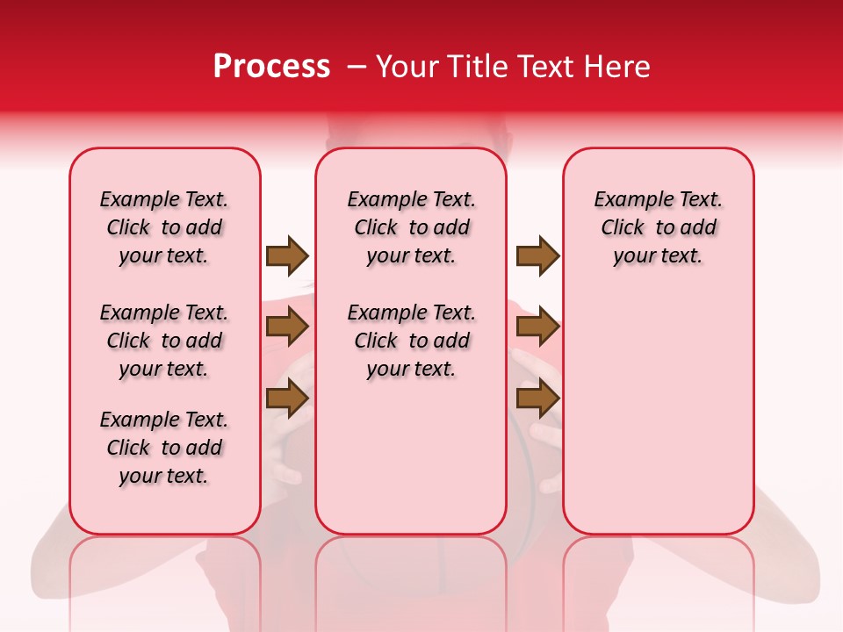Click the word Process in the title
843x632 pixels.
click(271, 67)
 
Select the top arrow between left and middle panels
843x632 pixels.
click(287, 255)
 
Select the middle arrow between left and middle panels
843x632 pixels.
click(287, 327)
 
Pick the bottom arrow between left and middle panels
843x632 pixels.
click(287, 399)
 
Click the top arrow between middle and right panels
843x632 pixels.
click(537, 255)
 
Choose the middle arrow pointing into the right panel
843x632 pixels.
click(537, 327)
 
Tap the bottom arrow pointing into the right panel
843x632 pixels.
click(537, 399)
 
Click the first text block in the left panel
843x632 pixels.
click(164, 227)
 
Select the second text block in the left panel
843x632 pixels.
click(164, 341)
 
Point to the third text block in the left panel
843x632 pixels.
click(164, 448)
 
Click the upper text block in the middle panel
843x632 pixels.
click(411, 227)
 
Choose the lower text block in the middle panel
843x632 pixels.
click(411, 341)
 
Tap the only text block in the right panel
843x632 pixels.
click(658, 227)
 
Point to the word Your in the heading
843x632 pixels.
click(407, 67)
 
